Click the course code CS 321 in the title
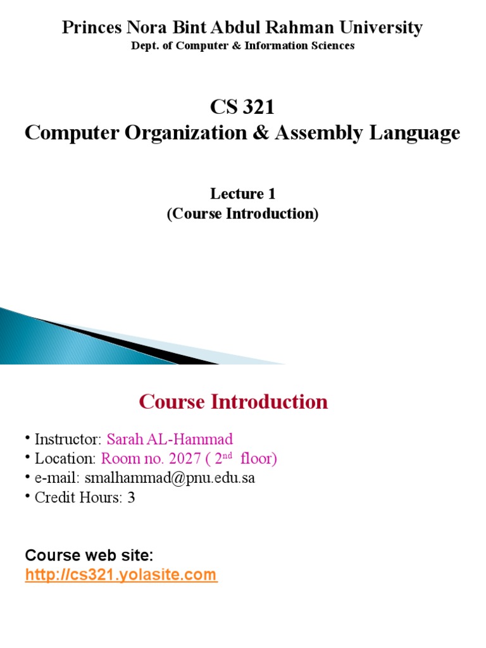coord(242,108)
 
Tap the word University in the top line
coord(382,28)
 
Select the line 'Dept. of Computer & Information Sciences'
coord(242,46)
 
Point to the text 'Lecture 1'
coord(242,194)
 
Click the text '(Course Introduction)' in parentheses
coord(242,214)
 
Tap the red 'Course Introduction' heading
coord(234,401)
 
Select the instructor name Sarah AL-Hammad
coord(170,439)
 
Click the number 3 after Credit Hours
coord(131,497)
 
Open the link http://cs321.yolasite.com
coord(121,575)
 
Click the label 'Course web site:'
coord(89,556)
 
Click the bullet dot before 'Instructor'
coord(28,438)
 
